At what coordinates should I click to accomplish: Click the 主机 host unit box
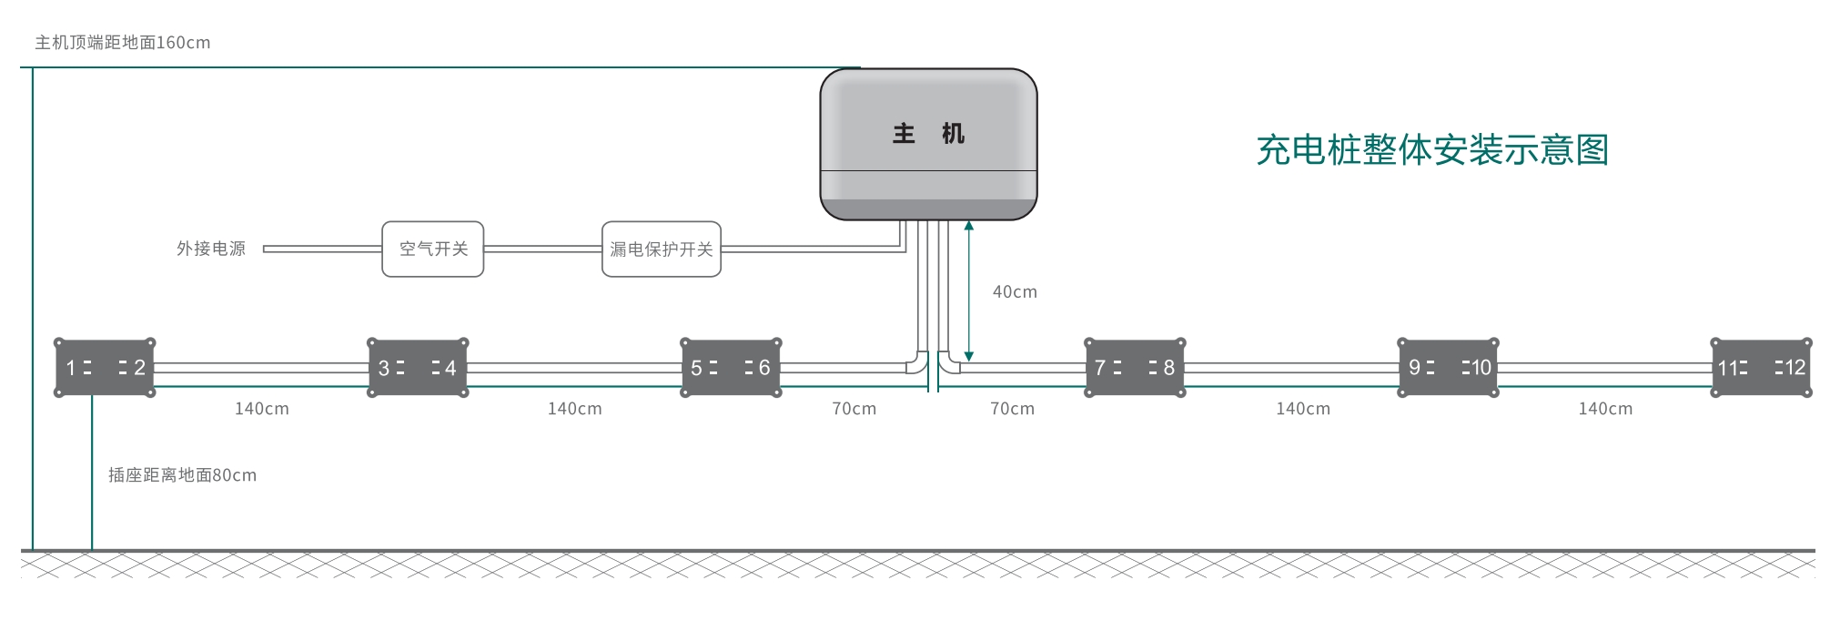coord(928,144)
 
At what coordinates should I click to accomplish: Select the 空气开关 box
coord(432,249)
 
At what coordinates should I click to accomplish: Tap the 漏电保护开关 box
coord(661,249)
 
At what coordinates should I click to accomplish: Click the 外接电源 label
coord(211,249)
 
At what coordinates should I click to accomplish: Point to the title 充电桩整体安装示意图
coord(1432,150)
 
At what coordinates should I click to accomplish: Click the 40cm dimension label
coord(1015,292)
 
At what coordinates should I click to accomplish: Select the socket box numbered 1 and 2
coord(105,368)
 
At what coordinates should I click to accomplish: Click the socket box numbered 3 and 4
coord(418,368)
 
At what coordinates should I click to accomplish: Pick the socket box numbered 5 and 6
coord(731,368)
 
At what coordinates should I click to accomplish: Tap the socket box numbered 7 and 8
coord(1135,368)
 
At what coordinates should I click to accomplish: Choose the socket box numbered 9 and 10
coord(1448,368)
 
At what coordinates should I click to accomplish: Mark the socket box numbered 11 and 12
coord(1762,368)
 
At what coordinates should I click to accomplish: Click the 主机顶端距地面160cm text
coord(123,43)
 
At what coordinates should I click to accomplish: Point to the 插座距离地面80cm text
coord(182,475)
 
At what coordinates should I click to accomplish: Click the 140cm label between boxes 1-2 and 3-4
coord(262,409)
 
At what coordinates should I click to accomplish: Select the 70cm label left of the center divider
coord(854,409)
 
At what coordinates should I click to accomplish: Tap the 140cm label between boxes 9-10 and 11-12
coord(1605,409)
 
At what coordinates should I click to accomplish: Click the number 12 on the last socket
coord(1795,368)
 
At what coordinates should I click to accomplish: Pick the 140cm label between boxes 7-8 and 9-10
coord(1303,409)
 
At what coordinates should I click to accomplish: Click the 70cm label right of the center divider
coord(1012,409)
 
